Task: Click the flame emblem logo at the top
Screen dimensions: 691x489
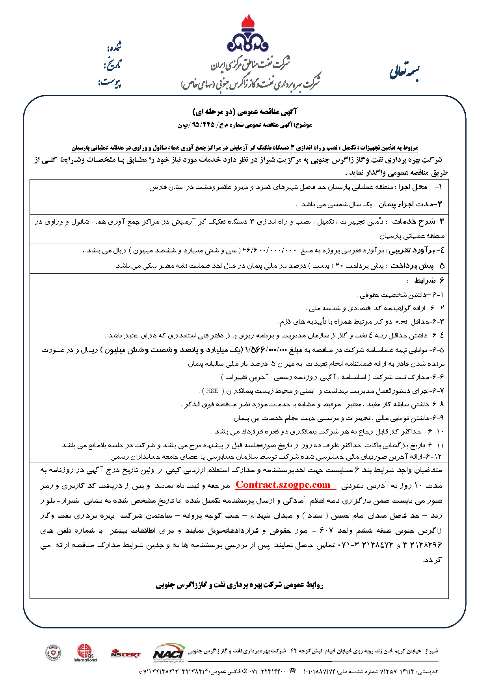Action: pyautogui.click(x=247, y=35)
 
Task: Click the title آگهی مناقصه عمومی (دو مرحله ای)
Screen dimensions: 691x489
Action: pyautogui.click(x=245, y=112)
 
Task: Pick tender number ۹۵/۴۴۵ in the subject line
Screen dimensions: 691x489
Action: pyautogui.click(x=202, y=125)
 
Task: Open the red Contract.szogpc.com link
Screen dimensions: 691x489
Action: pyautogui.click(x=283, y=485)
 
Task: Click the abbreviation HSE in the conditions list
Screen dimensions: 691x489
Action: pyautogui.click(x=212, y=391)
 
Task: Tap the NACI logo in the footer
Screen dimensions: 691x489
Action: pyautogui.click(x=169, y=652)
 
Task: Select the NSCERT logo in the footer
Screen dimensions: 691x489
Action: pyautogui.click(x=126, y=654)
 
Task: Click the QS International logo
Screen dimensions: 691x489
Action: pyautogui.click(x=85, y=653)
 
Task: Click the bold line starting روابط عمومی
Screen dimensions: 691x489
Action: pyautogui.click(x=239, y=585)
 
